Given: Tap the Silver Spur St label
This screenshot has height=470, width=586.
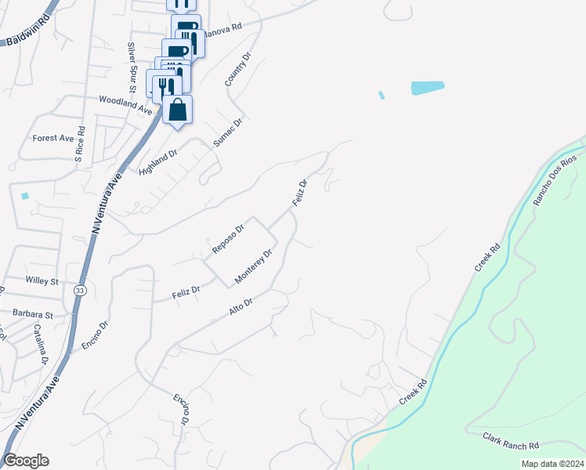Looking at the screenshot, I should (x=132, y=68).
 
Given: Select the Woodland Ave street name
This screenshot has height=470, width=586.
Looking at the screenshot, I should (x=125, y=105).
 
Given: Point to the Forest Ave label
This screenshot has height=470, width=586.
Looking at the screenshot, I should (x=52, y=138).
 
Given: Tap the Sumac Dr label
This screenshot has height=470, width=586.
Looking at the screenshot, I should (x=229, y=132).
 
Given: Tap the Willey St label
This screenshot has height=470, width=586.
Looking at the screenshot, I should (x=43, y=280).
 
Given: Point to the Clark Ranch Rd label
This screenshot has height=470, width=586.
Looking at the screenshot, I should (x=512, y=441).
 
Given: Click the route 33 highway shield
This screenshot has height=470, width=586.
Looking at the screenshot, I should (x=79, y=290).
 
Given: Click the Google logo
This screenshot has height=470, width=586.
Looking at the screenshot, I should (x=26, y=461).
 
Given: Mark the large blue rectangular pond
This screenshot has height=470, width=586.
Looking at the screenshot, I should (x=428, y=88).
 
